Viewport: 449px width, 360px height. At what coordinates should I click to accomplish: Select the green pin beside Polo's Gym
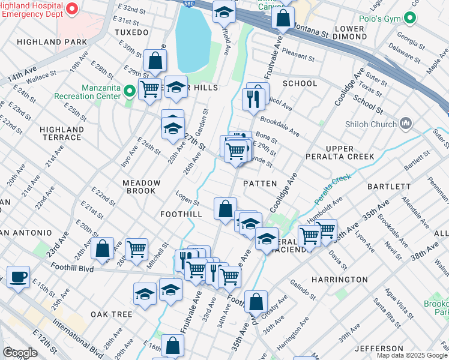(410, 18)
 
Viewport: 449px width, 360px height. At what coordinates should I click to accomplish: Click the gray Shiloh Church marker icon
(406, 124)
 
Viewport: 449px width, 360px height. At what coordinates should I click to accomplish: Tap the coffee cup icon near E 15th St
(18, 277)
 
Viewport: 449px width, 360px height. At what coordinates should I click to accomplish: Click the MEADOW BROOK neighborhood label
(141, 187)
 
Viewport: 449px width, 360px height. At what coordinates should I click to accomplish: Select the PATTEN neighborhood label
(260, 184)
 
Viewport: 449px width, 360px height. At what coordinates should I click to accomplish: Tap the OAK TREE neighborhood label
(111, 314)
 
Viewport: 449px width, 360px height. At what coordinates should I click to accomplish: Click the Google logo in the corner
(20, 353)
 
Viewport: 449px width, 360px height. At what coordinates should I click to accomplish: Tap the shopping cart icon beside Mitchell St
(137, 248)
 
